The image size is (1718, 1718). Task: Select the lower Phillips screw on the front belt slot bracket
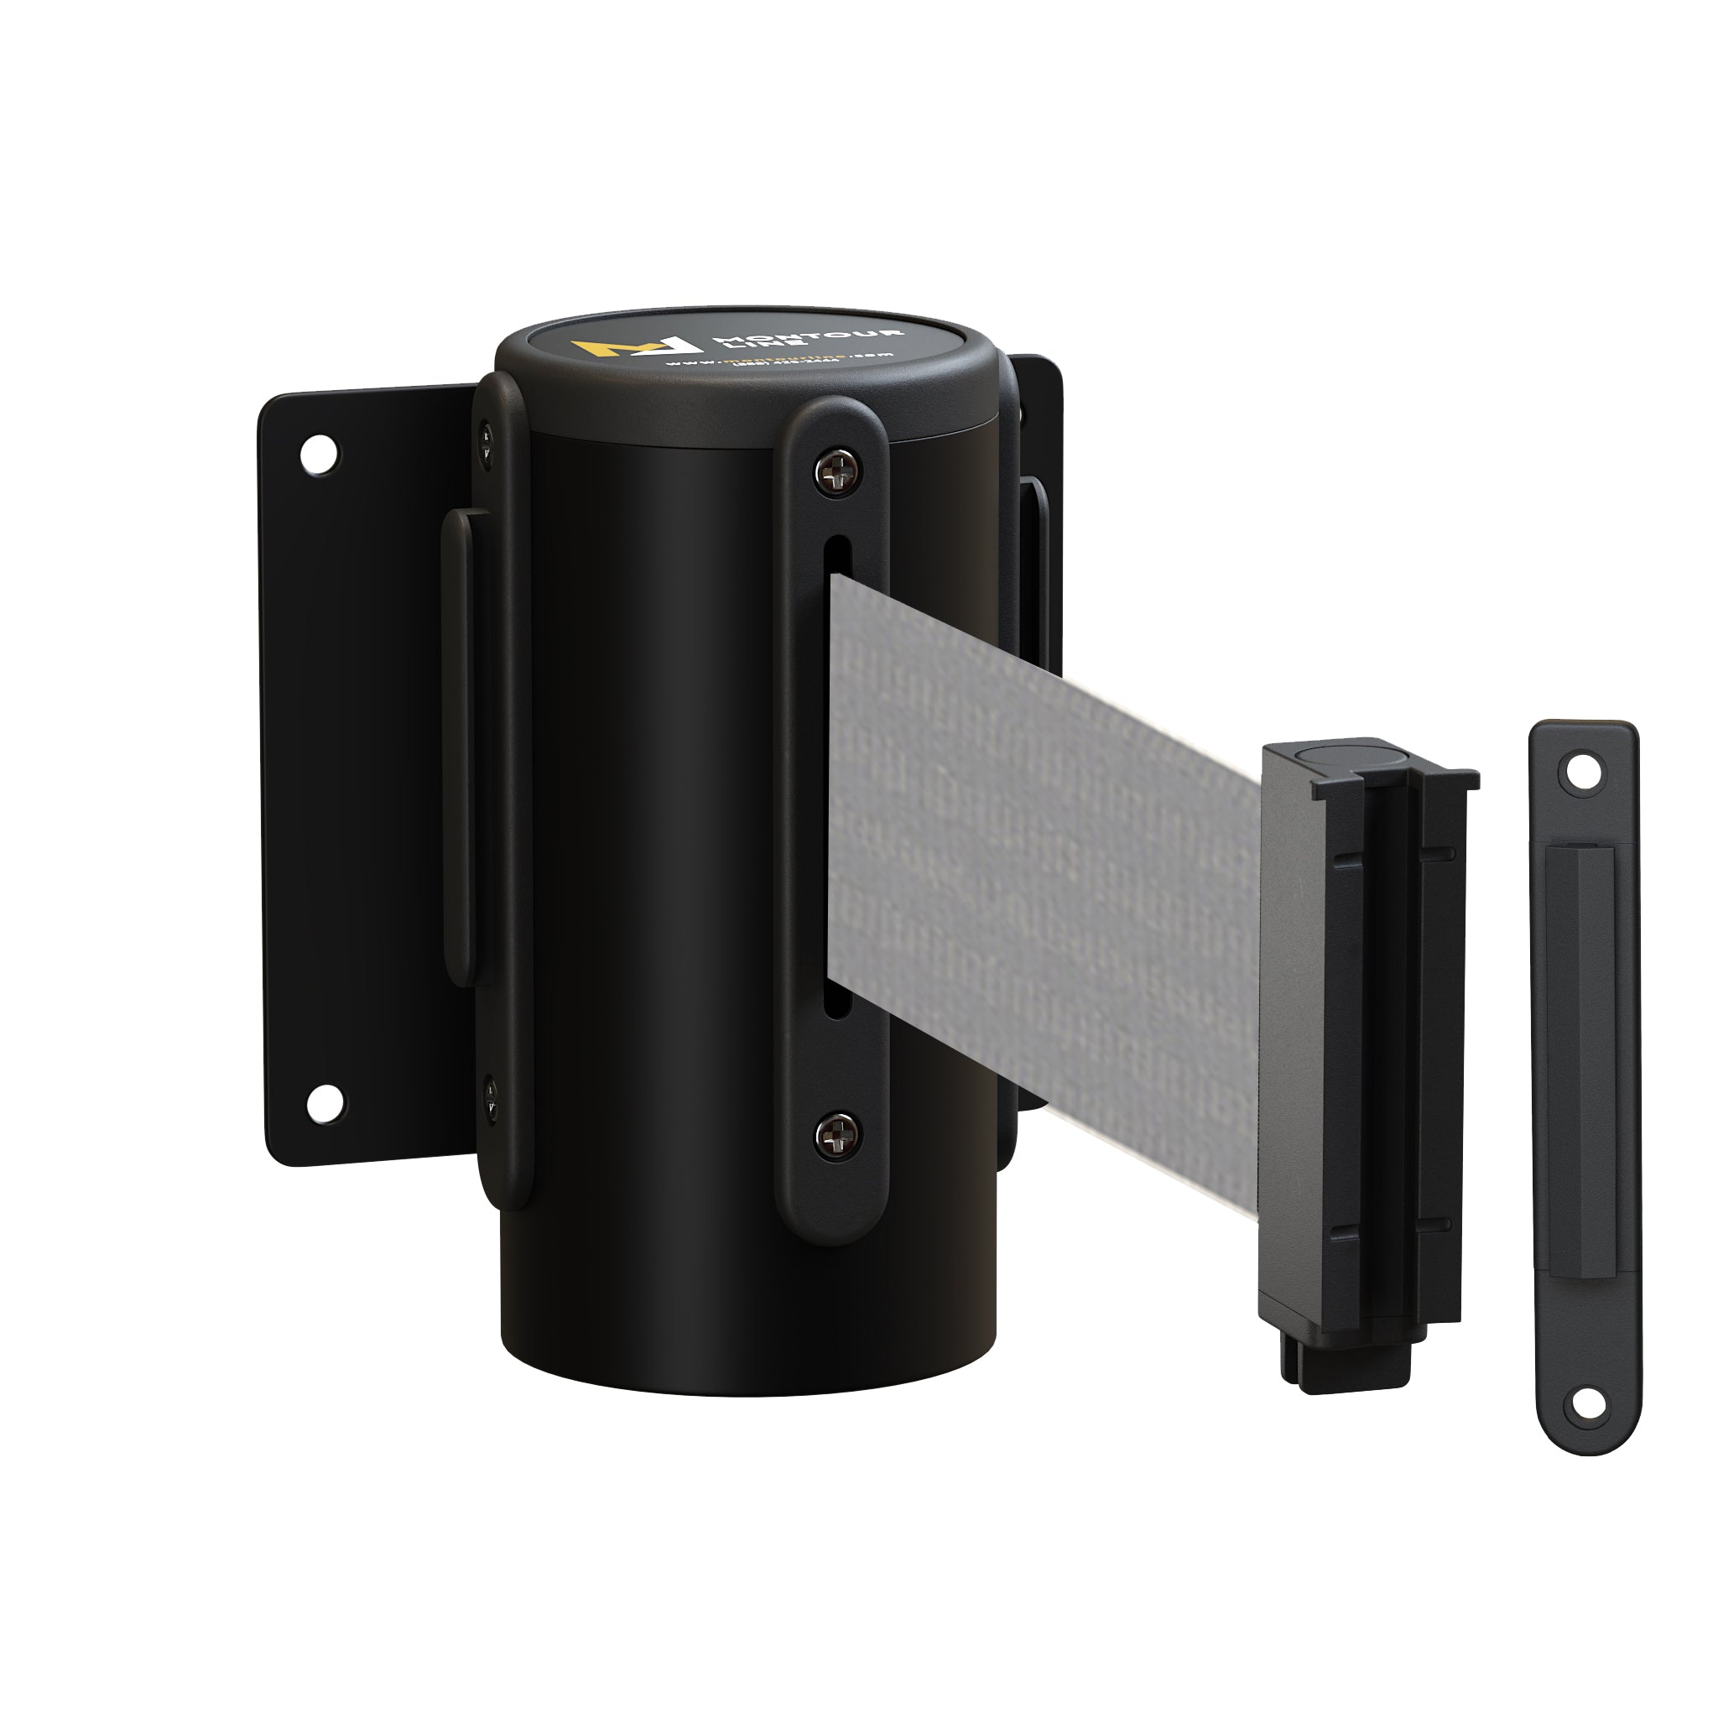pyautogui.click(x=838, y=1136)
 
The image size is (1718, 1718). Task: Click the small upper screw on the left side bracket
pyautogui.click(x=487, y=435)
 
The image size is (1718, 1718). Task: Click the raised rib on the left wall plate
pyautogui.click(x=461, y=747)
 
